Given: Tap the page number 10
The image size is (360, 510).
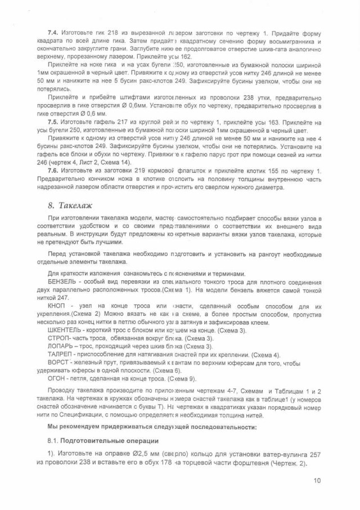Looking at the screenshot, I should point(318,480).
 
